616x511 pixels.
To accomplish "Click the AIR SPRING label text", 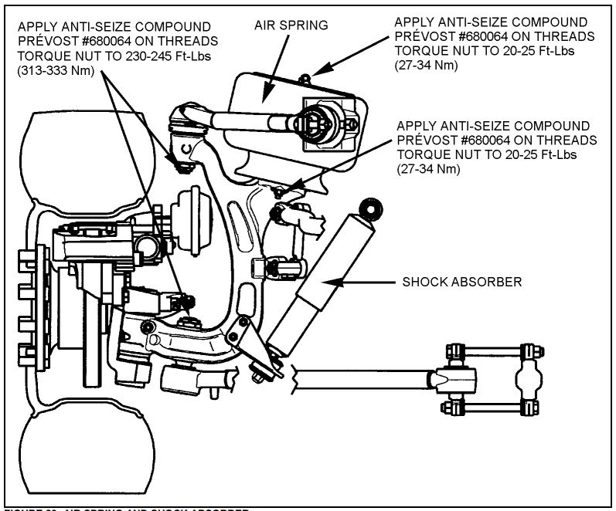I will click(x=293, y=25).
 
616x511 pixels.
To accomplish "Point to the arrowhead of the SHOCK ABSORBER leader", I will click(x=328, y=283).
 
